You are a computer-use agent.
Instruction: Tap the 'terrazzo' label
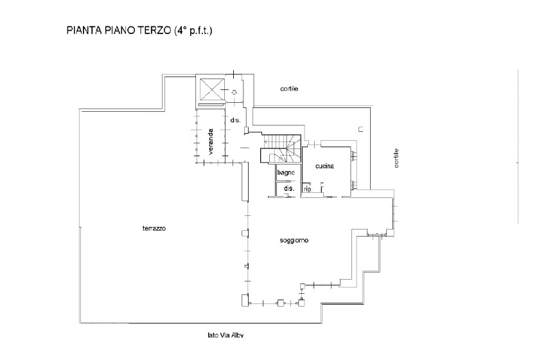(x=154, y=228)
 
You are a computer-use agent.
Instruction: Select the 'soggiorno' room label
(x=294, y=240)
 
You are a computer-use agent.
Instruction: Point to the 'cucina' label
(x=324, y=166)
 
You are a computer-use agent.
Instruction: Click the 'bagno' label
(x=286, y=172)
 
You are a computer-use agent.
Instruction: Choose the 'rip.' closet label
(x=308, y=189)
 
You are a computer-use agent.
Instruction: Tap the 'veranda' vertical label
(x=211, y=142)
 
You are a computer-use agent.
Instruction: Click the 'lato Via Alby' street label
(x=225, y=335)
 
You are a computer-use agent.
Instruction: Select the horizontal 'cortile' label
(x=289, y=89)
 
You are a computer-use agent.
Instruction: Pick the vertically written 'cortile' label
(x=396, y=158)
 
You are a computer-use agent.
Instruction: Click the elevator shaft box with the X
(x=211, y=89)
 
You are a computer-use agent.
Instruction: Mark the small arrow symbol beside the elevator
(x=234, y=92)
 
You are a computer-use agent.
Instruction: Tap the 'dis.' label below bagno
(x=289, y=188)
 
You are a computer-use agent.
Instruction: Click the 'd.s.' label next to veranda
(x=235, y=120)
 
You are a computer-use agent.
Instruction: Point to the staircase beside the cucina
(x=281, y=148)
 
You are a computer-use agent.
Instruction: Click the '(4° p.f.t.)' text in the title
(x=193, y=31)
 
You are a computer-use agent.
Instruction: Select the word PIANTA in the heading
(x=84, y=30)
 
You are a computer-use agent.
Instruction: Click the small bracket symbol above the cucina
(x=361, y=129)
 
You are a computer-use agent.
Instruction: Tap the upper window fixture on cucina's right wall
(x=354, y=156)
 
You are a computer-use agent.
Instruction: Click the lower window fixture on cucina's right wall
(x=354, y=185)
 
